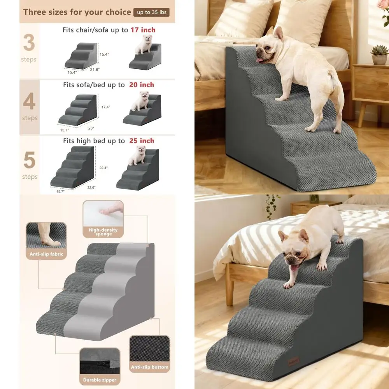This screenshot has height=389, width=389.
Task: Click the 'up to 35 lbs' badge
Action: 151,12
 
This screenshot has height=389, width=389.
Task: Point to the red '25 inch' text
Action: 142,141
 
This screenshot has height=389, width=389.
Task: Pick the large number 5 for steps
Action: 29,161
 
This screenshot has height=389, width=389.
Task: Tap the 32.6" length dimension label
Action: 91,187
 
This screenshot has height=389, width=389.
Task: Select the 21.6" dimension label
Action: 95,70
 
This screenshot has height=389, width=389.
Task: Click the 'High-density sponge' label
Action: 103,232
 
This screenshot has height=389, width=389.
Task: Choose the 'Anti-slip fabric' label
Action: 46,254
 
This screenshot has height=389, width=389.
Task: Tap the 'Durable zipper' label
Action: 100,380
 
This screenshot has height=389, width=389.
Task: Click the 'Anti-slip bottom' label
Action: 150,367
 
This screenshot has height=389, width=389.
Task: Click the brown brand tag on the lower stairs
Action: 294,362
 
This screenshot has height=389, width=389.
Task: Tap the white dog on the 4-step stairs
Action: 140,101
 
